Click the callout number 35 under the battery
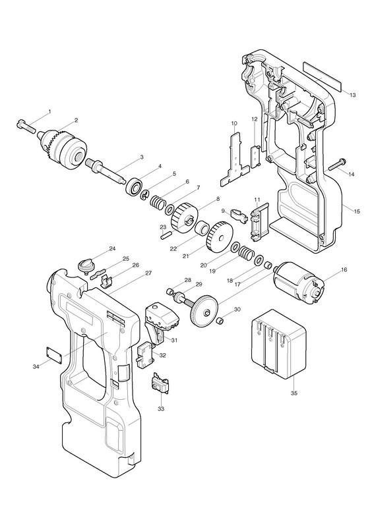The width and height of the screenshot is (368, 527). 294,393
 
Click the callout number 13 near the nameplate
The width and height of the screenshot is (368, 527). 352,95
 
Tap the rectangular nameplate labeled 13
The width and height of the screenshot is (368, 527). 322,76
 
